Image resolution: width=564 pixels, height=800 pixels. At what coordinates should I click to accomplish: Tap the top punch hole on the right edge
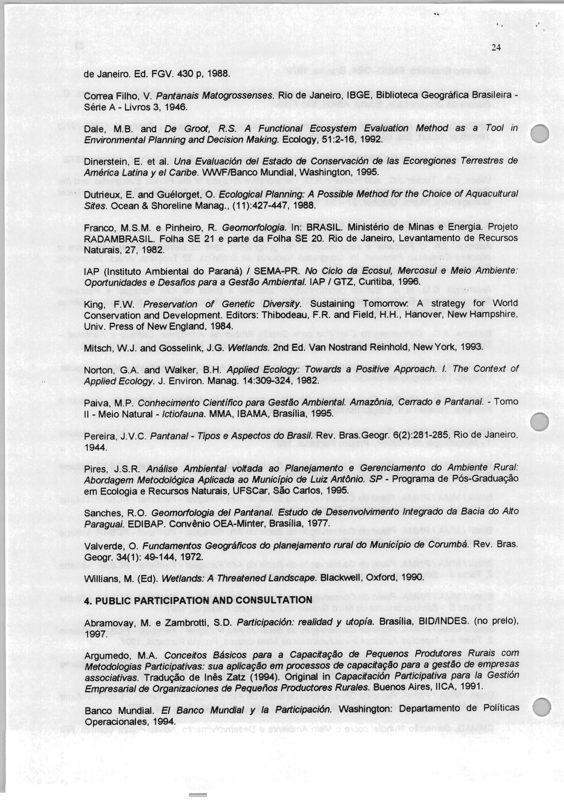[x=539, y=133]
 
